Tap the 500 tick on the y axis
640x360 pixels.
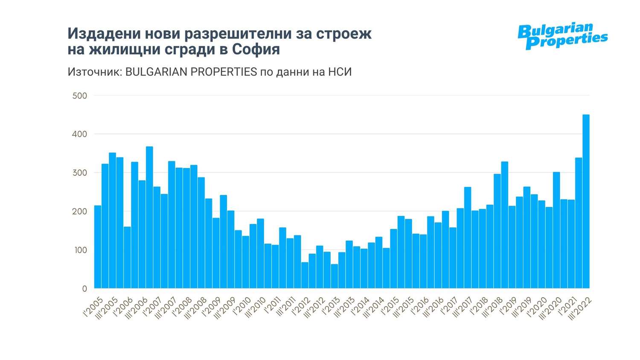[x=80, y=96]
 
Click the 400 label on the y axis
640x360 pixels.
[x=80, y=134]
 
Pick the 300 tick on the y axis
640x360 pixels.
[x=80, y=173]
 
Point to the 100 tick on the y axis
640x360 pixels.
[x=80, y=250]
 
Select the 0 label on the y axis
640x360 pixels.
[x=84, y=289]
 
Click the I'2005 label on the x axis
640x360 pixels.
[x=93, y=306]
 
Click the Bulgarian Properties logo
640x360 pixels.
[x=562, y=36]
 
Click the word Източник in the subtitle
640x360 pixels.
[x=94, y=72]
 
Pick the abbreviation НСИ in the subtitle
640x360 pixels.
[x=340, y=72]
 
